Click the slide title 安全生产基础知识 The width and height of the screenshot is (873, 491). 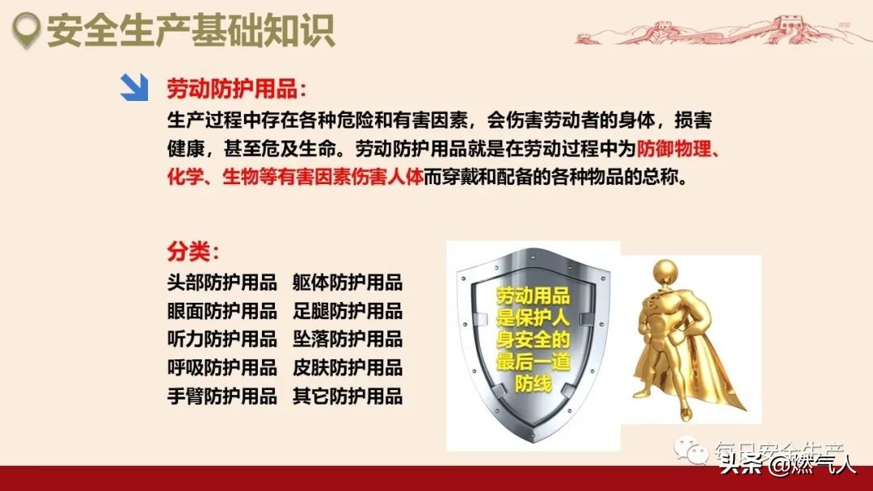pyautogui.click(x=190, y=31)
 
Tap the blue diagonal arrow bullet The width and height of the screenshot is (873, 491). pyautogui.click(x=134, y=87)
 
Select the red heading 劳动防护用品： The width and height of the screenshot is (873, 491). pyautogui.click(x=237, y=89)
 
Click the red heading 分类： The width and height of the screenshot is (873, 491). pyautogui.click(x=193, y=251)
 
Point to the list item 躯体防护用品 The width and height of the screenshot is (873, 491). pyautogui.click(x=348, y=283)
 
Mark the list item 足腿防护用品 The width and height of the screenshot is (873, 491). pyautogui.click(x=348, y=311)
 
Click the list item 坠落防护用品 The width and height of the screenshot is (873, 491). pyautogui.click(x=348, y=339)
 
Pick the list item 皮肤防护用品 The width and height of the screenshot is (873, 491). pyautogui.click(x=348, y=367)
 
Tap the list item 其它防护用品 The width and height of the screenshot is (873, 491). pyautogui.click(x=348, y=396)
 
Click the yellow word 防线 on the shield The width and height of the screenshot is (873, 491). pyautogui.click(x=533, y=384)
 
